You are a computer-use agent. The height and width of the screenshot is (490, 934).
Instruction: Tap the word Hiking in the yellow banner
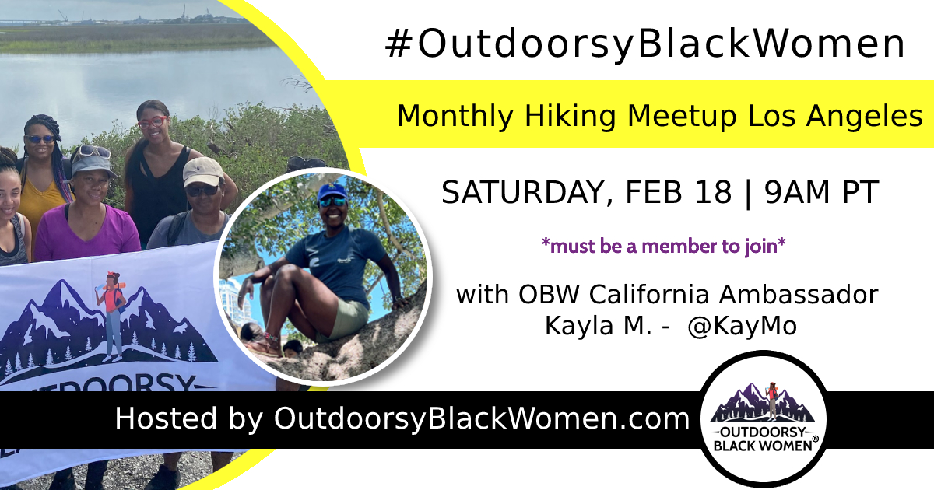tap(571, 117)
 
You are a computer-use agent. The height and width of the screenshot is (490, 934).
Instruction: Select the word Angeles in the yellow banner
tap(865, 117)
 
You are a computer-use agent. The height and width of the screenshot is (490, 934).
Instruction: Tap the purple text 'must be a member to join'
tap(664, 246)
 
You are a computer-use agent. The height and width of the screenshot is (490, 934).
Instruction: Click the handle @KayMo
tap(743, 326)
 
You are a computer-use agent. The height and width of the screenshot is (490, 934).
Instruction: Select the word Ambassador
tap(799, 295)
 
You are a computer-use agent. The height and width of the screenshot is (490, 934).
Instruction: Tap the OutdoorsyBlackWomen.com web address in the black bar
tap(482, 418)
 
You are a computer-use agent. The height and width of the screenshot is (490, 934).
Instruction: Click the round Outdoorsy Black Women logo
tap(764, 418)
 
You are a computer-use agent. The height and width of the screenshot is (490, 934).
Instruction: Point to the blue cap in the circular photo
tap(332, 193)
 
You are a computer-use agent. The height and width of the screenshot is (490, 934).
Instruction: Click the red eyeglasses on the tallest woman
tap(153, 122)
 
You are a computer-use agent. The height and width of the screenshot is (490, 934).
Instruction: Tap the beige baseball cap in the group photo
tap(203, 172)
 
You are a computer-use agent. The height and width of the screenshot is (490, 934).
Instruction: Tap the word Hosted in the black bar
tap(166, 418)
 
